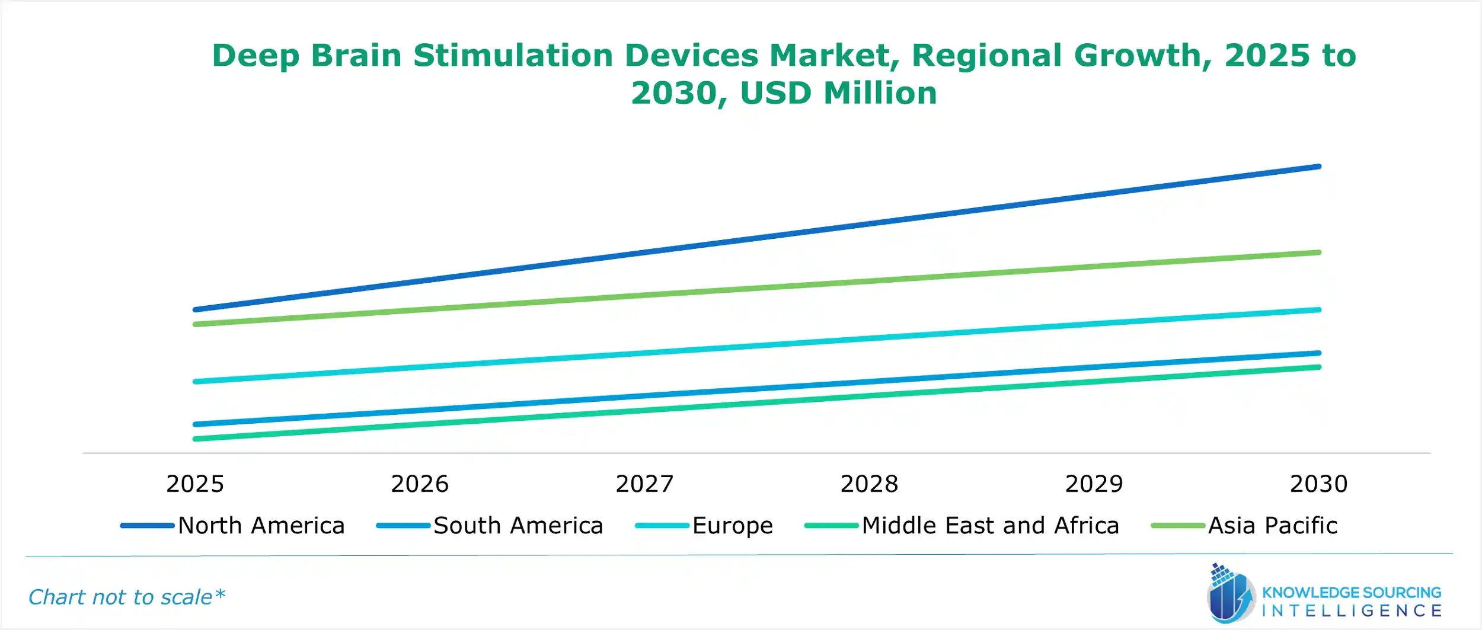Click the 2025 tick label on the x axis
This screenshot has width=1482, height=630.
[x=195, y=484]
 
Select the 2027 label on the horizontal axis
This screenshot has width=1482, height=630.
[x=644, y=484]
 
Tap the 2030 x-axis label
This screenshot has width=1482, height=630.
[x=1319, y=484]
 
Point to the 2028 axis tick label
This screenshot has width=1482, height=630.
[x=869, y=484]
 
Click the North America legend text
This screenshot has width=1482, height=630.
[x=261, y=526]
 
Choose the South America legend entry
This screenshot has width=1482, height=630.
[x=518, y=526]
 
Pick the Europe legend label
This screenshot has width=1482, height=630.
[x=732, y=526]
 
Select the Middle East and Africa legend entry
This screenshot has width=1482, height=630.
[x=990, y=526]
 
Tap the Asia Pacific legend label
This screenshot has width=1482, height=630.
[x=1273, y=526]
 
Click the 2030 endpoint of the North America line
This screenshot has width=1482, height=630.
[x=1318, y=167]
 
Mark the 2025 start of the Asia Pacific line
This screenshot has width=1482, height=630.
[x=196, y=324]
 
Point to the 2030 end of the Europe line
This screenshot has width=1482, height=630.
[x=1318, y=310]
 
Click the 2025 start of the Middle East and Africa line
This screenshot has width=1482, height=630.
[x=196, y=439]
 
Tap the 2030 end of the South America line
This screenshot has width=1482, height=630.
[x=1318, y=353]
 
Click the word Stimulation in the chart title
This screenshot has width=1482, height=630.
[x=513, y=56]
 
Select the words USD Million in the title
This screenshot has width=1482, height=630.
[x=838, y=94]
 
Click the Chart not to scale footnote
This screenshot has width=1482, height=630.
[x=127, y=597]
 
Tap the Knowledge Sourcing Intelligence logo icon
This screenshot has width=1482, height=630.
[x=1230, y=594]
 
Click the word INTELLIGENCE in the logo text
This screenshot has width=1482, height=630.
[x=1352, y=611]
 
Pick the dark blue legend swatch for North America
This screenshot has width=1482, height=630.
[x=147, y=526]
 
